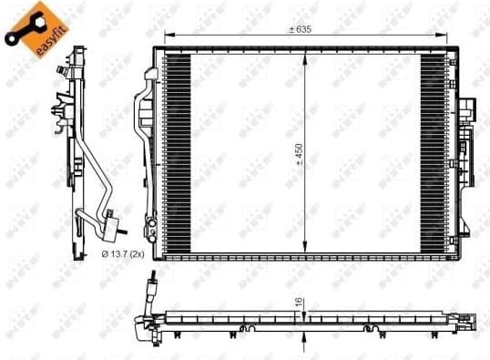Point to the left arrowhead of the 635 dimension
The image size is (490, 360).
[166, 36]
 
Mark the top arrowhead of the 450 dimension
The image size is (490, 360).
[307, 51]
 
